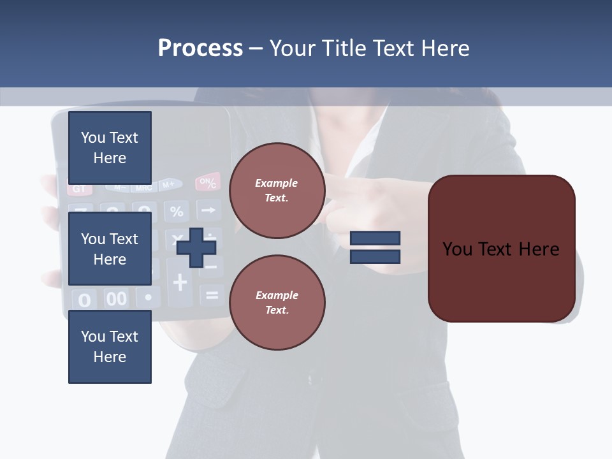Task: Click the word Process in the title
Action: point(200,48)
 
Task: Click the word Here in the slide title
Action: point(444,48)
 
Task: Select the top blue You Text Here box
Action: point(110,148)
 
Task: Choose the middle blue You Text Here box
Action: point(110,249)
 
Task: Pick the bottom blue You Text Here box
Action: point(110,347)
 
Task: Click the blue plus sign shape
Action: point(196,247)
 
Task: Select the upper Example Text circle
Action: point(277,191)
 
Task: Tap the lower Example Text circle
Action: point(277,302)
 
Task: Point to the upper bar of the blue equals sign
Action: point(375,238)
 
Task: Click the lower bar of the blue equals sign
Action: point(375,257)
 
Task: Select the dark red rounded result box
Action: point(501,249)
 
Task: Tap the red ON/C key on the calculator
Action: point(208,182)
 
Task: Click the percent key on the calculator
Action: point(177,211)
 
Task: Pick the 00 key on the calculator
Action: point(116,298)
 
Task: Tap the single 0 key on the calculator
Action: point(84,300)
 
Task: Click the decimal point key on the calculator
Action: point(149,297)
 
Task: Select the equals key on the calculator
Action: point(212,295)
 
